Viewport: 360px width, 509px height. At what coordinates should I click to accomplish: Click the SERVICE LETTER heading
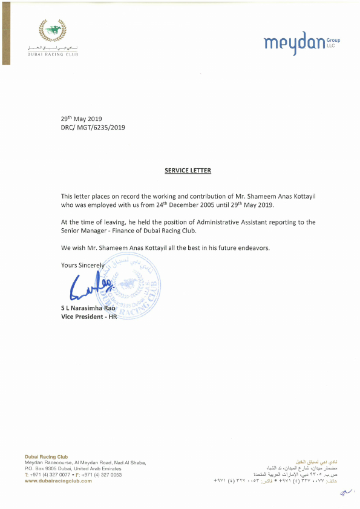coord(188,171)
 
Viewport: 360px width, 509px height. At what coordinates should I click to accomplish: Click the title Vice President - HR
coord(88,317)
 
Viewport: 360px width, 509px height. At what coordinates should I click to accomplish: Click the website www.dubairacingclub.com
coord(58,481)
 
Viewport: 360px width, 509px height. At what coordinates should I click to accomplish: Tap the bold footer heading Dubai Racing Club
coord(46,456)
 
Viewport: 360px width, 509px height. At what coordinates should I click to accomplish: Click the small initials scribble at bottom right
coord(345,494)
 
